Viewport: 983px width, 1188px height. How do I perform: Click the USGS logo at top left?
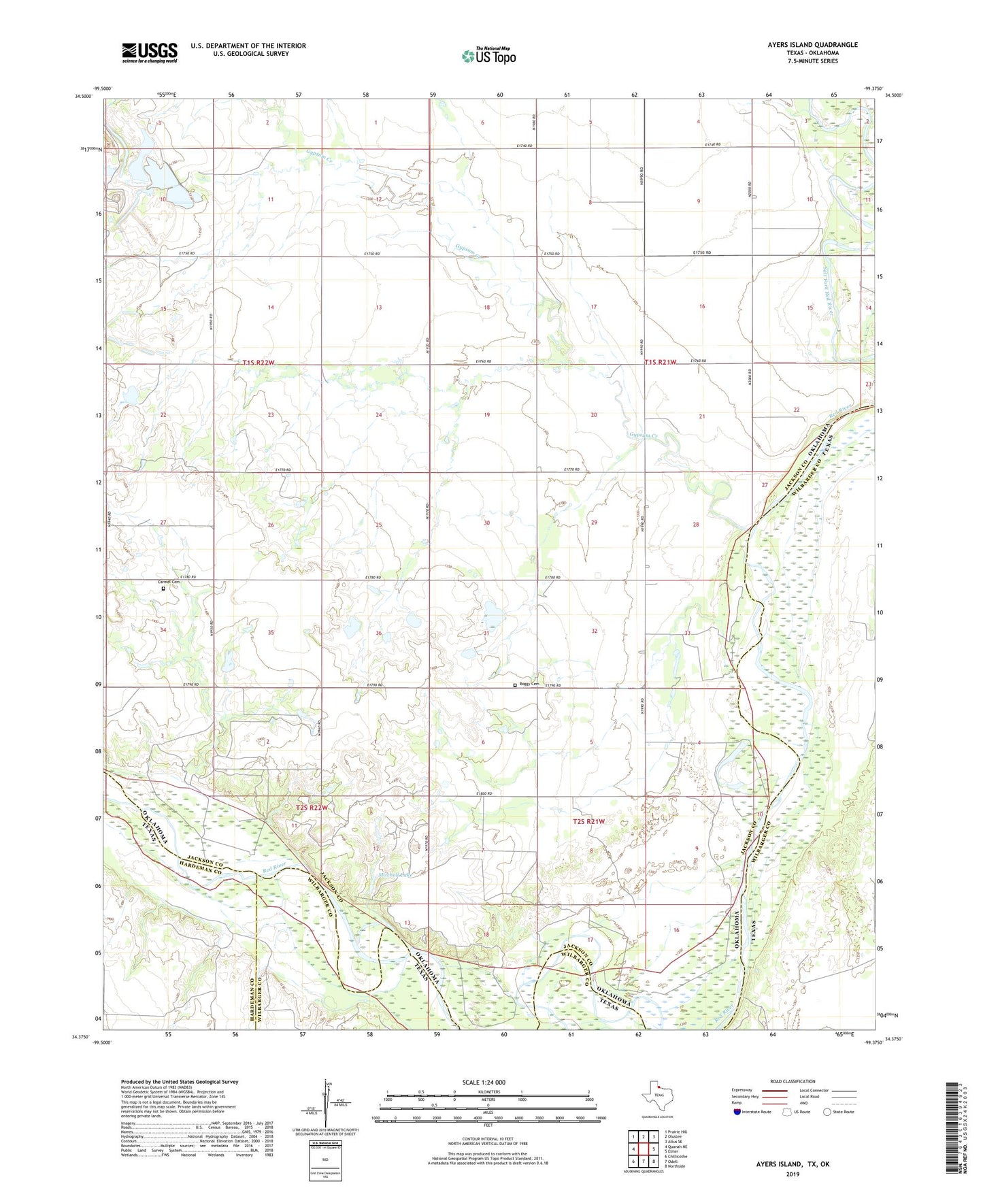click(150, 52)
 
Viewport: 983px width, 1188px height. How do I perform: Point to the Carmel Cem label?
click(169, 582)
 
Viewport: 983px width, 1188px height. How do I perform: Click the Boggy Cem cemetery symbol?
click(515, 685)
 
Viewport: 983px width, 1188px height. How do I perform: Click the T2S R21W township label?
click(588, 821)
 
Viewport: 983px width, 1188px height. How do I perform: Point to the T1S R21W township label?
click(661, 362)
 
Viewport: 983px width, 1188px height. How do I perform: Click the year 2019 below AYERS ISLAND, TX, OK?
click(793, 1174)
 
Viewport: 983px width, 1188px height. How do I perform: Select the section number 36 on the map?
click(379, 633)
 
